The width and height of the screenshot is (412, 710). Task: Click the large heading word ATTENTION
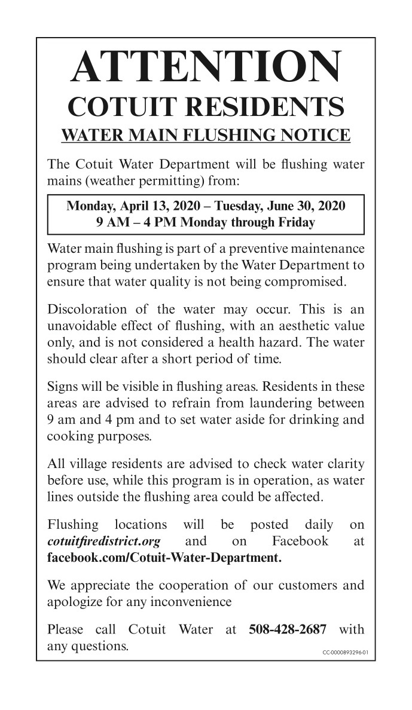coord(206,67)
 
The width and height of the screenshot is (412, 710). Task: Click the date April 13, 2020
coord(154,206)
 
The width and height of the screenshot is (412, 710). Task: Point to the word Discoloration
coord(87,309)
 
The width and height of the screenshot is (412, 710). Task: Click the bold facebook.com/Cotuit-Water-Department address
coord(163,559)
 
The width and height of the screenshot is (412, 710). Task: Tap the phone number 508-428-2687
coord(287,629)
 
